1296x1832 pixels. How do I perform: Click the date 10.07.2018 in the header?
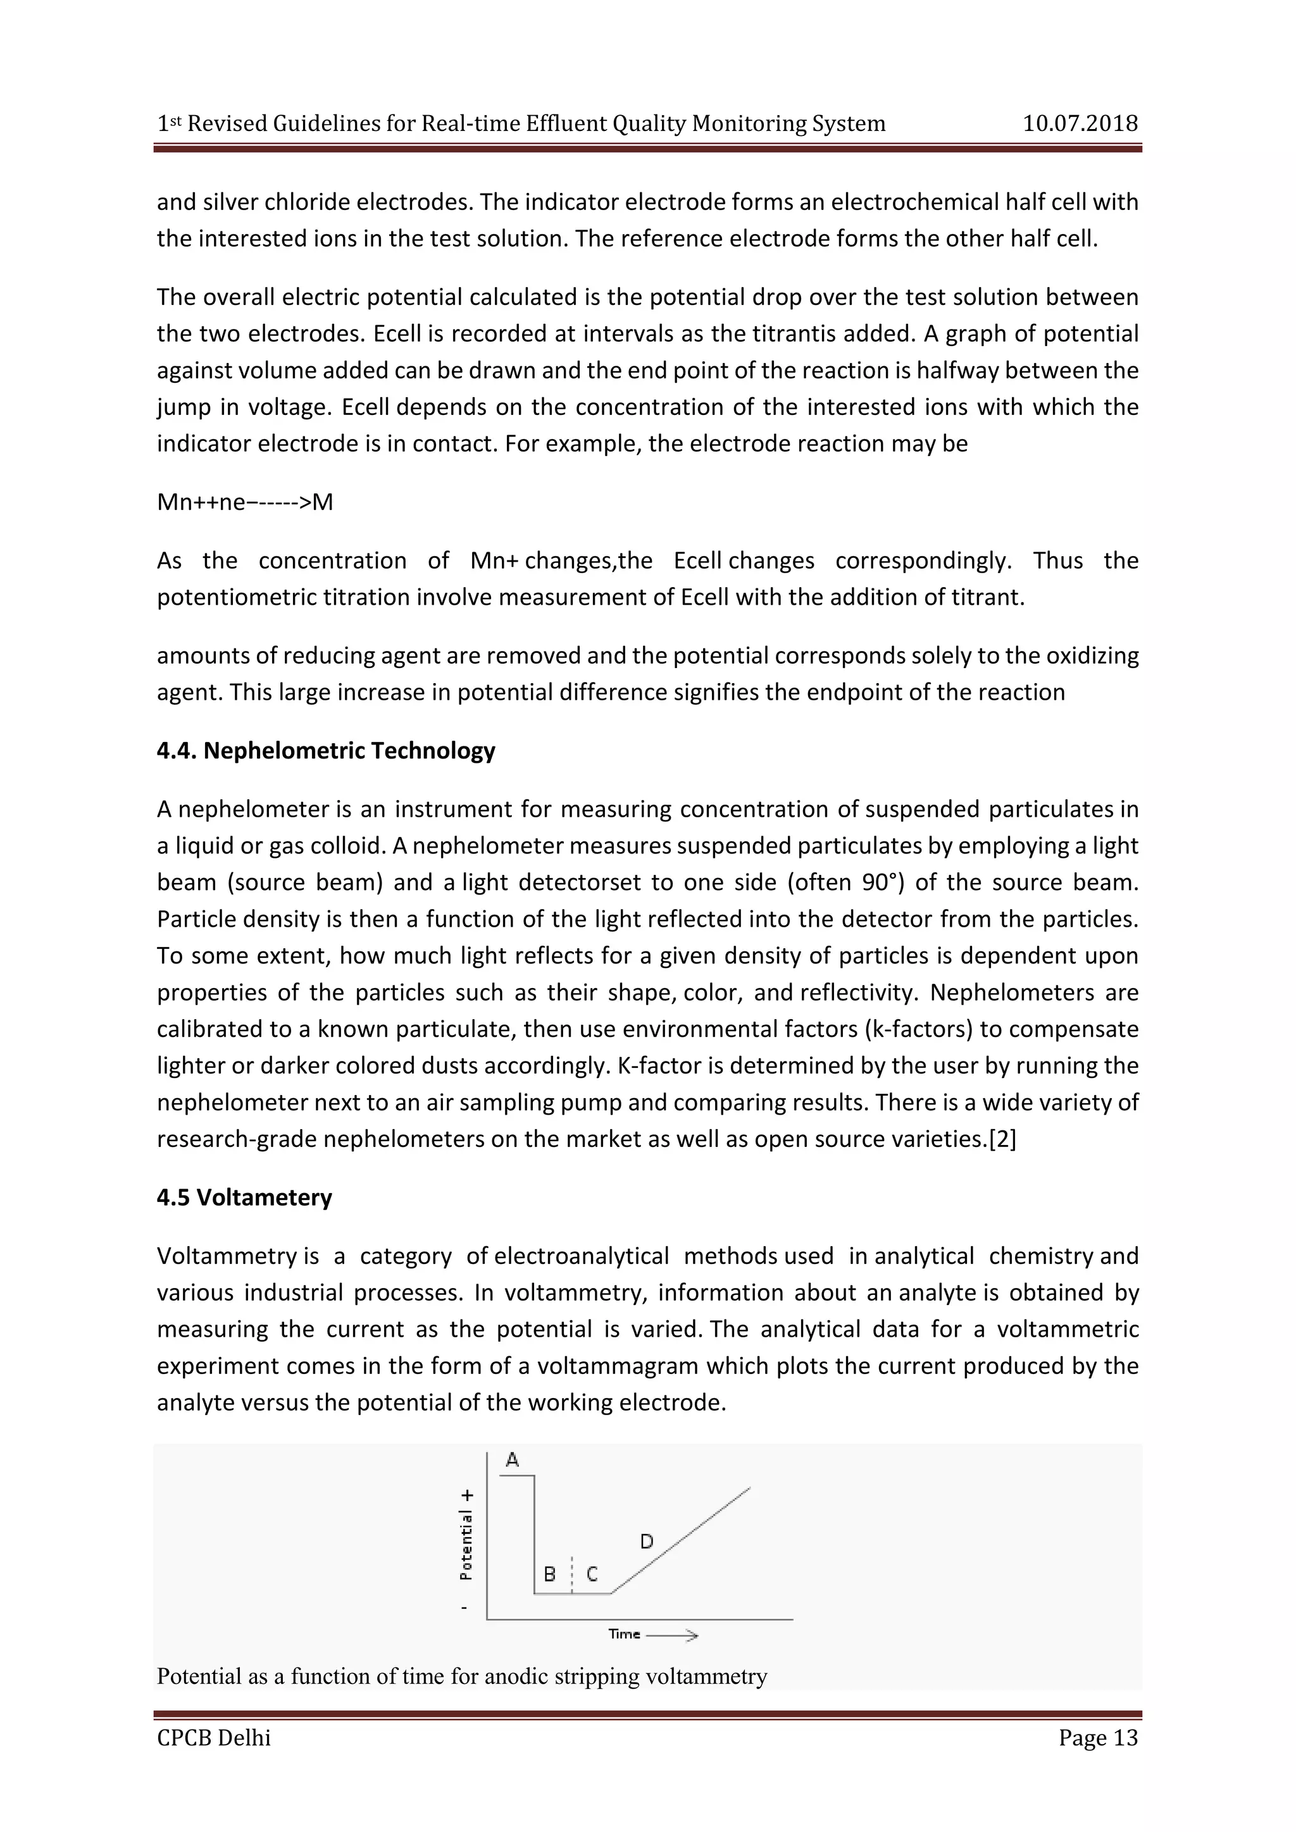[x=1080, y=124]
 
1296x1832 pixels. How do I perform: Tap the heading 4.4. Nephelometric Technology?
[x=326, y=751]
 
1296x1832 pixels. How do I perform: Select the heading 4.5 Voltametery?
[x=244, y=1198]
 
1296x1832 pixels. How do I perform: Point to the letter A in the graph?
[x=513, y=1460]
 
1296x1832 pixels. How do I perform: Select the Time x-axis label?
[x=624, y=1634]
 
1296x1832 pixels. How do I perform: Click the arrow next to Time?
[x=673, y=1635]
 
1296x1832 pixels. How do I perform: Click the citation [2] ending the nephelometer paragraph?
[x=1002, y=1139]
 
